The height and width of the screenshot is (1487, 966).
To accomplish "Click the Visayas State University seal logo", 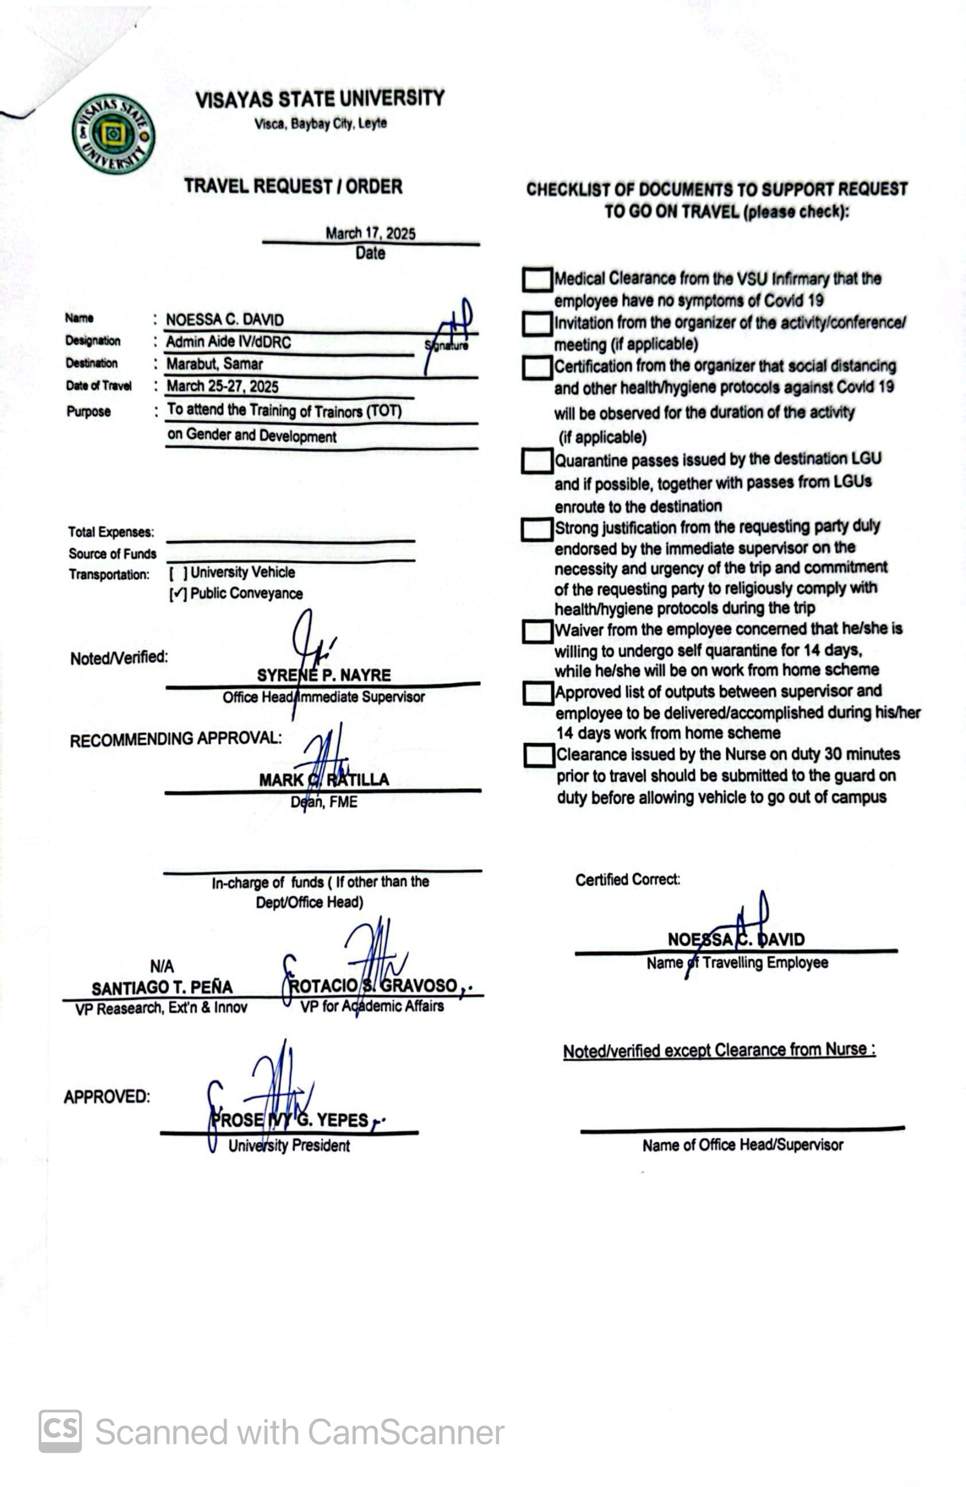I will click(x=113, y=134).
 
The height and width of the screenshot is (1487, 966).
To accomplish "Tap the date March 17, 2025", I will click(x=370, y=233).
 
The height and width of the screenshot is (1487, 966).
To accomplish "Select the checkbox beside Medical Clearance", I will click(x=537, y=279).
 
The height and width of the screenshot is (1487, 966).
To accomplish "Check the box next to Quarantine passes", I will click(x=536, y=461).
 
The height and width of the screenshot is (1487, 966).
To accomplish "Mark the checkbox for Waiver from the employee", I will click(x=537, y=631).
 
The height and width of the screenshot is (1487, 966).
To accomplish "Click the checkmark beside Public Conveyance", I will click(x=178, y=594).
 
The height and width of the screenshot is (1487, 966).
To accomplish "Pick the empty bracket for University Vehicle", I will click(x=178, y=573).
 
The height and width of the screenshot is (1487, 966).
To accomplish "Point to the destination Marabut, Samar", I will click(x=215, y=364).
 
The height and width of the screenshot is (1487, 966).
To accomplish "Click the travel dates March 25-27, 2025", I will click(x=223, y=386).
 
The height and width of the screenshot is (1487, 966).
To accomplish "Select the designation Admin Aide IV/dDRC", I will click(x=228, y=342).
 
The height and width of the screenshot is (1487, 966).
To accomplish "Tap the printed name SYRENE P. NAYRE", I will click(x=324, y=675).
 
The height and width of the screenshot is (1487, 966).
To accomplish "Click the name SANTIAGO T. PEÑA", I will click(x=162, y=987).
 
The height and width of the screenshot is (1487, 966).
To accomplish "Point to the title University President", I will click(x=289, y=1145).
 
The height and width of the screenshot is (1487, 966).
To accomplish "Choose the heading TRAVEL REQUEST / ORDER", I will click(x=293, y=186).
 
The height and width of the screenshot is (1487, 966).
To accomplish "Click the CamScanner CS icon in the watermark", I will click(x=60, y=1431).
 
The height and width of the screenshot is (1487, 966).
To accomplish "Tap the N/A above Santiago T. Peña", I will click(x=162, y=967).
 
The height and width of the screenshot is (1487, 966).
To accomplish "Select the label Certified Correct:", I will click(x=628, y=879).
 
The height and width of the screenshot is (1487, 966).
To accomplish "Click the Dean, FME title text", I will click(x=324, y=801).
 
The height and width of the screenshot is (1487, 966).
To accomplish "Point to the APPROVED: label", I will click(x=107, y=1096).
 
